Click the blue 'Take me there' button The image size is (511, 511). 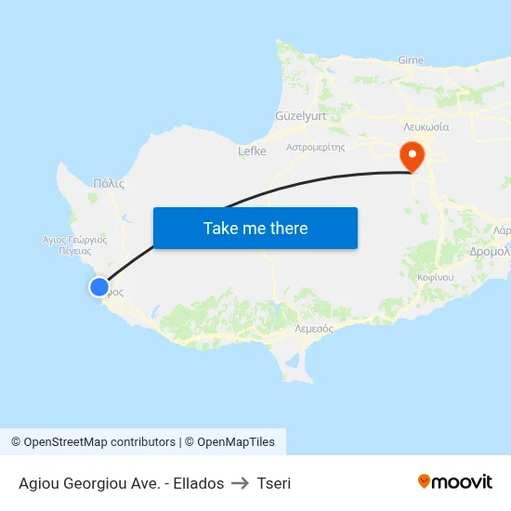[x=255, y=228]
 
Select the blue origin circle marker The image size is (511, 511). [x=98, y=287]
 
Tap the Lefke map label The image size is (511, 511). [x=252, y=151]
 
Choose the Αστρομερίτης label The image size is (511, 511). [x=316, y=147]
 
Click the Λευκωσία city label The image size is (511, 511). [x=426, y=126]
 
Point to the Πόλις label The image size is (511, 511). [x=109, y=184]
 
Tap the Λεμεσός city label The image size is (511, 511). [x=313, y=329]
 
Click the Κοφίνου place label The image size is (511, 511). [x=435, y=278]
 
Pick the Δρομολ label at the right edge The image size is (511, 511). [x=491, y=251]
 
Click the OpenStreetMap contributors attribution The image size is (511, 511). [x=99, y=442]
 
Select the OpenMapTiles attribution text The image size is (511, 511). [x=234, y=442]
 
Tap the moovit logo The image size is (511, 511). [x=454, y=481]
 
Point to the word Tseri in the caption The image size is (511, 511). [x=274, y=483]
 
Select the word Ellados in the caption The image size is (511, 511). [x=197, y=483]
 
